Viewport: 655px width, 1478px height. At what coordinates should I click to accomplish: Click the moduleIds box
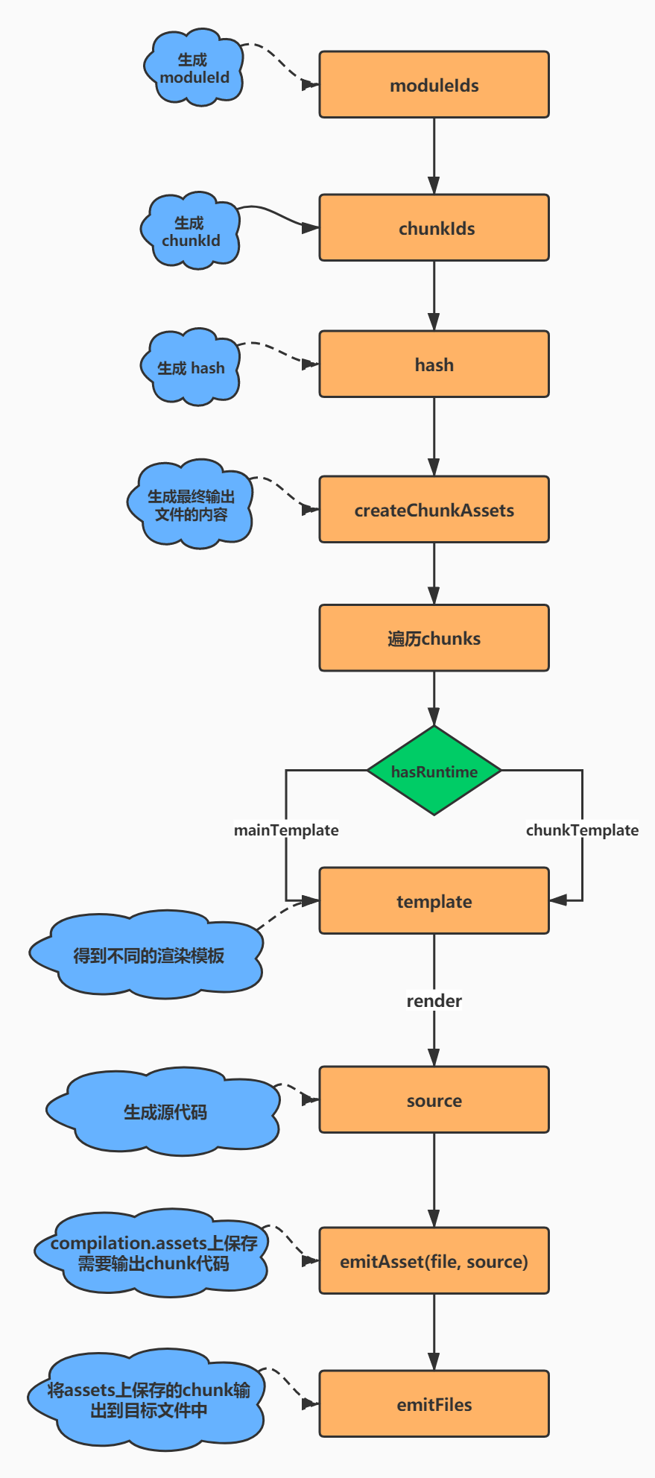434,85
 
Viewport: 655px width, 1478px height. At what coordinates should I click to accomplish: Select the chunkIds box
434,228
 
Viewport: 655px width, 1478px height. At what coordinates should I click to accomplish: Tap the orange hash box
434,364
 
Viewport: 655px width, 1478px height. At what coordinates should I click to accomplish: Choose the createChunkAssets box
434,510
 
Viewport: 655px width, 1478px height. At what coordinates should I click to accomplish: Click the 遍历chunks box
434,638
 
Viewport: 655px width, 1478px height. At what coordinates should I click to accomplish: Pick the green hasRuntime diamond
434,771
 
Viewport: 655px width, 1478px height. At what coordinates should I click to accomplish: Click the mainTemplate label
286,830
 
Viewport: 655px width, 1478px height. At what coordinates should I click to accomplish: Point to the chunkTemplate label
582,830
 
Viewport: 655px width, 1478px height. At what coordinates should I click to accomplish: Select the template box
434,901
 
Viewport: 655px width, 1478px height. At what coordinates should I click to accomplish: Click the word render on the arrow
434,1001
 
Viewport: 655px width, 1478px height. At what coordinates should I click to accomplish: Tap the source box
434,1100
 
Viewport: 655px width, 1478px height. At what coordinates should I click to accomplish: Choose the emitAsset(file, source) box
434,1261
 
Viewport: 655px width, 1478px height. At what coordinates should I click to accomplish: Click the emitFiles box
434,1404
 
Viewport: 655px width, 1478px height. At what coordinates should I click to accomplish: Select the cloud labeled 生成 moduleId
194,69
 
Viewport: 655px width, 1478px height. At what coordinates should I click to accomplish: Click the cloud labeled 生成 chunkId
191,232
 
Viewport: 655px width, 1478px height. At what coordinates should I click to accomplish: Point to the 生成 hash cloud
191,368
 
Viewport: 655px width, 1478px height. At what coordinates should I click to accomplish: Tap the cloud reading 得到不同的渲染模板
148,956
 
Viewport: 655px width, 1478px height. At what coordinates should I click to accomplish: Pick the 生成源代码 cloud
164,1112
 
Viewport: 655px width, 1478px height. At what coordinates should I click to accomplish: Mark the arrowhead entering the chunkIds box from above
434,186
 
